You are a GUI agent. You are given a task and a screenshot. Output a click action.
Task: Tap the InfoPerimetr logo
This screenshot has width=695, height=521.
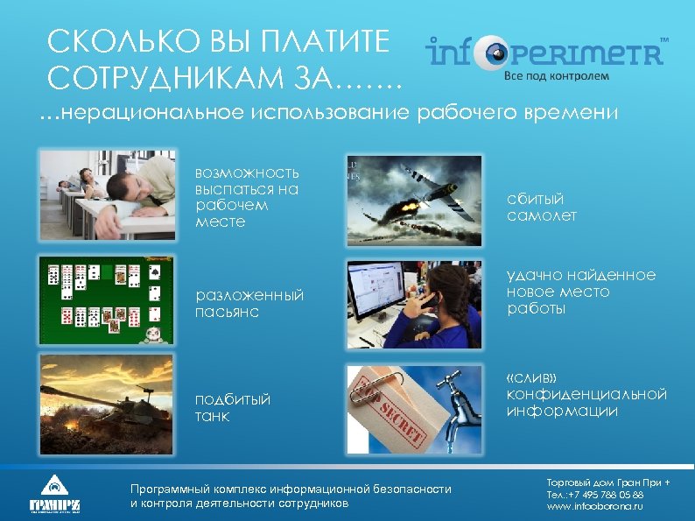[544, 52]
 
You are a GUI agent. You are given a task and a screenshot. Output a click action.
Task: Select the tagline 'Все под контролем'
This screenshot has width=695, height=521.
[555, 75]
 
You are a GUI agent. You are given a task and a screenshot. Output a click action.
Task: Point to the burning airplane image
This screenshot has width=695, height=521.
[414, 200]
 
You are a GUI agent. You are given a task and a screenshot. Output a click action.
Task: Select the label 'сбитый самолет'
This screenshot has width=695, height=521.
[542, 208]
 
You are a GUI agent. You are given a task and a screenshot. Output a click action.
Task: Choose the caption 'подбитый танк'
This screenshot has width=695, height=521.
[233, 407]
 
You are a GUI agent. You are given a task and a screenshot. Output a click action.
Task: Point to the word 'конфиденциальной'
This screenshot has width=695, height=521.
[586, 394]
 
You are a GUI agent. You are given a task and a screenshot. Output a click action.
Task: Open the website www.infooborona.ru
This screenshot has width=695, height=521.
[594, 507]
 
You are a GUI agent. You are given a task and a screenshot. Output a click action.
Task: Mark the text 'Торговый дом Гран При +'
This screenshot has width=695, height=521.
[608, 482]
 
